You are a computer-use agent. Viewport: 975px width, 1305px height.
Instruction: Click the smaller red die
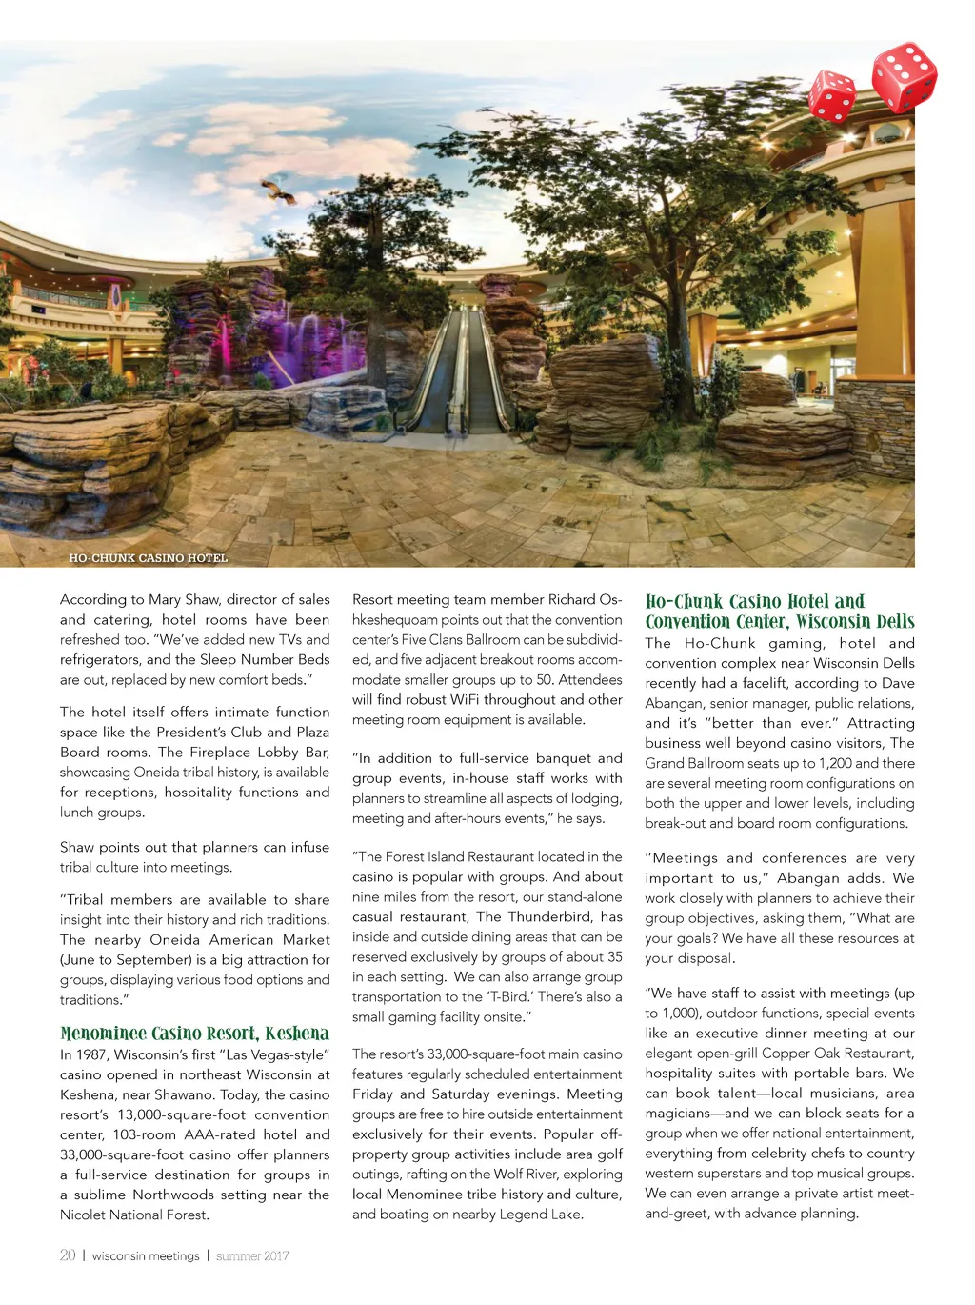coord(831,96)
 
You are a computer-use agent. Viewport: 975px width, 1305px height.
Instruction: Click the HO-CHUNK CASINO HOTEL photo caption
coord(148,557)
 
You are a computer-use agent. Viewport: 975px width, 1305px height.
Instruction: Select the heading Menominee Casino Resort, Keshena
coord(194,1034)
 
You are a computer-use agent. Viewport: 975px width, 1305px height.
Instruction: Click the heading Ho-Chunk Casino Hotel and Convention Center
coord(779,612)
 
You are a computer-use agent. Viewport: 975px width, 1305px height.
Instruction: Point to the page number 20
coord(68,1255)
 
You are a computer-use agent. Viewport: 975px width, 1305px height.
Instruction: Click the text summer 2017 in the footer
coord(251,1256)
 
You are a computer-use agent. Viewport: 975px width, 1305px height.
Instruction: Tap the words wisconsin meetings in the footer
coord(146,1256)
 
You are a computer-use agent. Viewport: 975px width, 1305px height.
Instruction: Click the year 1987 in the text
coord(97,1054)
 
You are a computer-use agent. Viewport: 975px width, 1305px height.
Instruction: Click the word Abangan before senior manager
coord(673,703)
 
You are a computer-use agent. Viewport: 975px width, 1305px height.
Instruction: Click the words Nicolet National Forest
coord(134,1215)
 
